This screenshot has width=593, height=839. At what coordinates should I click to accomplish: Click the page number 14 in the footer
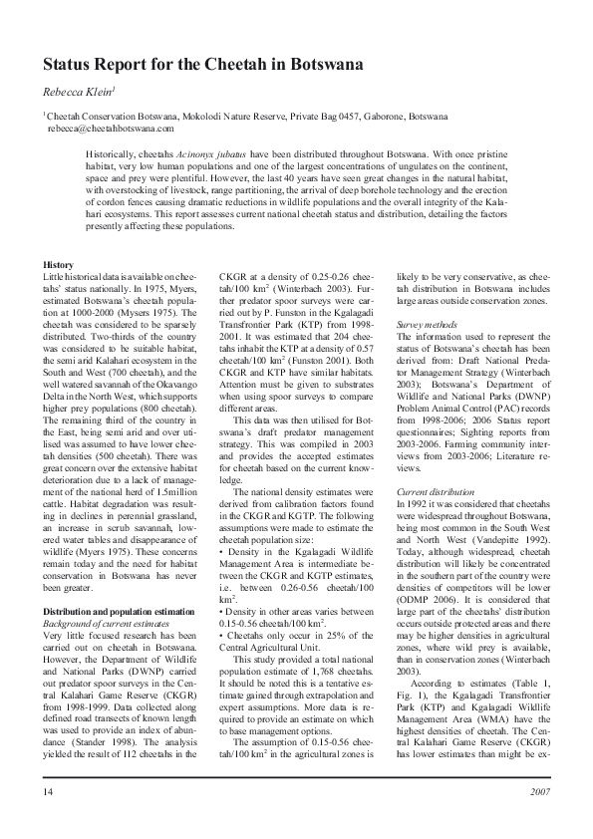coord(48,791)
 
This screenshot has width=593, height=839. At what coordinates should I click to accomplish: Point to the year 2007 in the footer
coord(538,791)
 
